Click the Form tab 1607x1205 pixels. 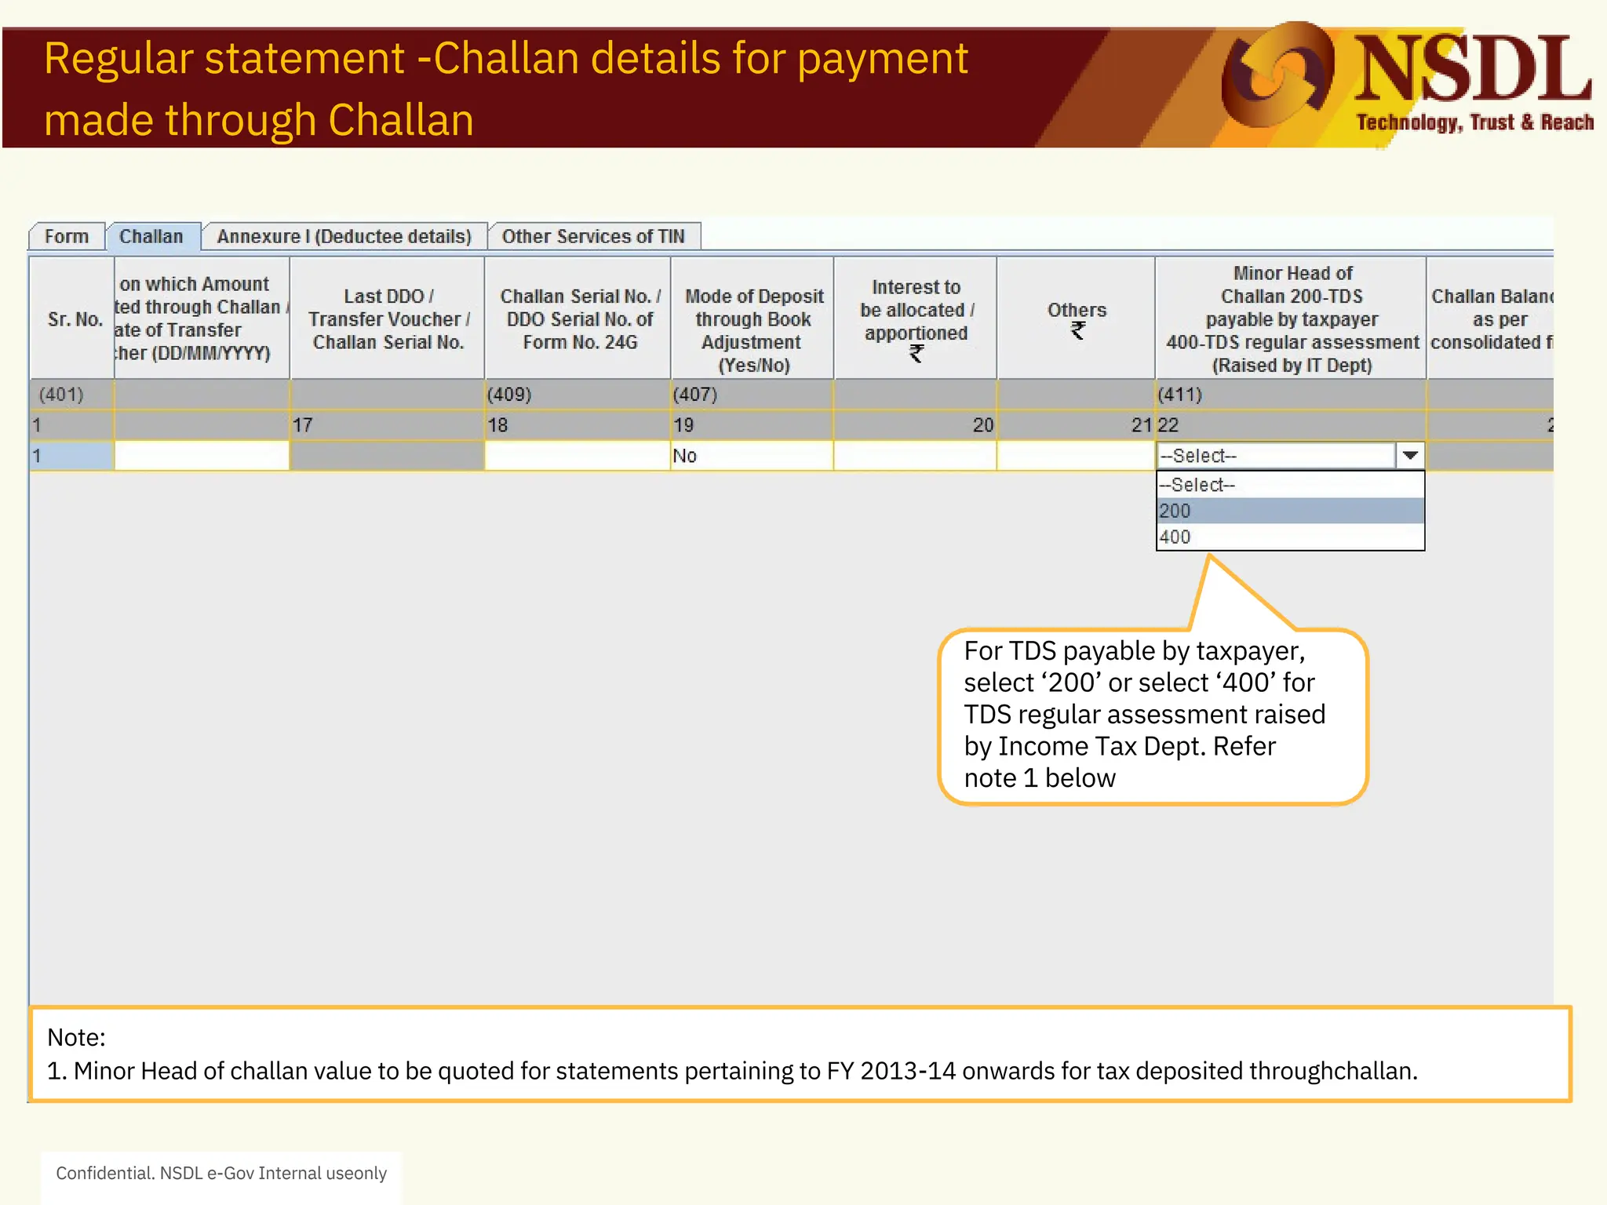[x=67, y=236]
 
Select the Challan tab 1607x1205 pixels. [x=151, y=236]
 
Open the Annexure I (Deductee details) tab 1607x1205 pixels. [x=344, y=236]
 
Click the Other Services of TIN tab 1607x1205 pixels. [x=593, y=236]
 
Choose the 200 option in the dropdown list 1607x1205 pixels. [x=1289, y=511]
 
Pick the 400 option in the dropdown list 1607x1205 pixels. [x=1289, y=537]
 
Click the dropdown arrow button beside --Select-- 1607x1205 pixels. [x=1409, y=456]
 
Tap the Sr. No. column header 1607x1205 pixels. [x=75, y=319]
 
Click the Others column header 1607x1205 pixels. [x=1077, y=318]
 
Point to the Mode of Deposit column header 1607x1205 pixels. [x=753, y=329]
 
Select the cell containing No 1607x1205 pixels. [x=751, y=456]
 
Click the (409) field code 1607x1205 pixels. [x=509, y=395]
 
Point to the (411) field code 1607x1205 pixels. [x=1180, y=395]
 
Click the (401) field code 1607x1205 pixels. [x=61, y=395]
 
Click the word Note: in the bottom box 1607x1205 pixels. [x=76, y=1037]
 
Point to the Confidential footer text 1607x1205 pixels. [x=221, y=1173]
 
